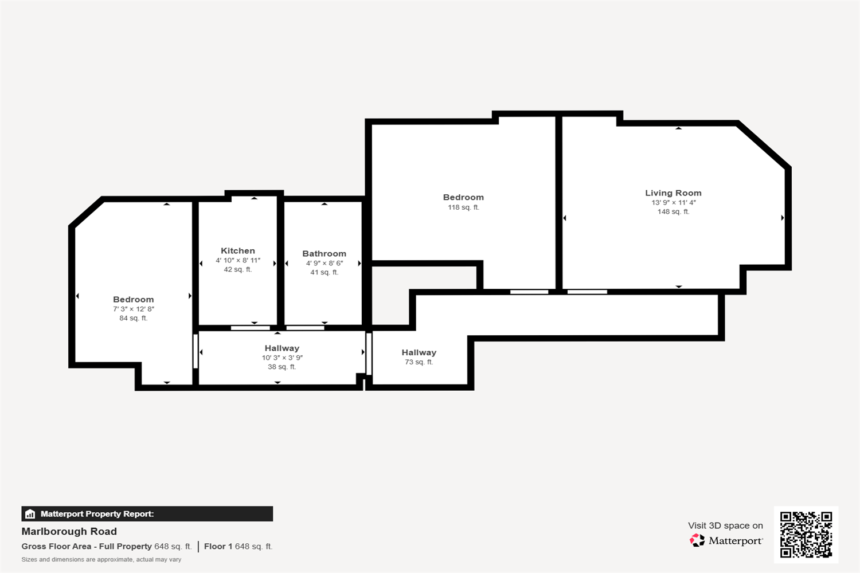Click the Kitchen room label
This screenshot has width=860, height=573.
click(238, 250)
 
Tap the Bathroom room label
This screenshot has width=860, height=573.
click(324, 254)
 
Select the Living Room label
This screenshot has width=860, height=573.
click(673, 193)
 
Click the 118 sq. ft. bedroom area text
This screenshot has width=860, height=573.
click(463, 207)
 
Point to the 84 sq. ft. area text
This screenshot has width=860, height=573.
click(133, 318)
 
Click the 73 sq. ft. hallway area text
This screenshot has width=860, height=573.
click(419, 362)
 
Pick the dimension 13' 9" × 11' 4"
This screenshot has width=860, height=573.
click(674, 202)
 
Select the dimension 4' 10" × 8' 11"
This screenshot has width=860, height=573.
click(238, 260)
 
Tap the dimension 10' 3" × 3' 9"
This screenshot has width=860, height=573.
click(282, 358)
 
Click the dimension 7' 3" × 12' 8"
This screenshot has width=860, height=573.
click(134, 309)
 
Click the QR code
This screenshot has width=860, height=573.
click(806, 535)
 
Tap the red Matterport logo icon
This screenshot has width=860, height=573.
click(697, 540)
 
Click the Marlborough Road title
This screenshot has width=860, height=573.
click(69, 531)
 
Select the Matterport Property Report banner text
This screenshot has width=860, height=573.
click(97, 514)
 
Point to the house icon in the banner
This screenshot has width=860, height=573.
click(30, 514)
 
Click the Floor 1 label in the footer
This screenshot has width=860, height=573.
click(218, 546)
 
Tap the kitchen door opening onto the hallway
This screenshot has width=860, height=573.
click(251, 328)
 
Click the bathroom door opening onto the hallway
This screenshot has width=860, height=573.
click(305, 328)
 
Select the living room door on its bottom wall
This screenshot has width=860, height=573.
click(588, 292)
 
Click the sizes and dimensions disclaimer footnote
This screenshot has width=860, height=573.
click(101, 560)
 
